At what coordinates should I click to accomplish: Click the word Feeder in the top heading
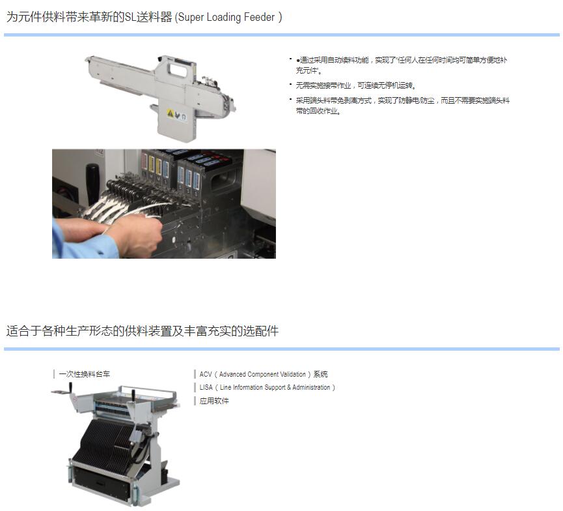[259, 17]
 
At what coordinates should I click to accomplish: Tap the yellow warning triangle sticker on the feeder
[171, 113]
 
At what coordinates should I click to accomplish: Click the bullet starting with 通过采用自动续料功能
[402, 65]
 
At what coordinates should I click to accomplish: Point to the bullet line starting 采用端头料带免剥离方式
[402, 106]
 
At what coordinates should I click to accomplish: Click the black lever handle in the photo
[92, 184]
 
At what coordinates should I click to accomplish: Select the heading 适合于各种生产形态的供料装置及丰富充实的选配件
[142, 331]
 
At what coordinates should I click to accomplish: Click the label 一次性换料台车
[85, 374]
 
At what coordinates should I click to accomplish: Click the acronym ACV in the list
[206, 374]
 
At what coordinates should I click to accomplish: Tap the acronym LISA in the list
[206, 387]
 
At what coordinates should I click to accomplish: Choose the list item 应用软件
[214, 401]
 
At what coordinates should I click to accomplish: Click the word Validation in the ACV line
[293, 374]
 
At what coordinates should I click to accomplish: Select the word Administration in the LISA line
[311, 387]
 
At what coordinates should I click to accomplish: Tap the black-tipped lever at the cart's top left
[71, 388]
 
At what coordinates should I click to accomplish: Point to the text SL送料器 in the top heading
[148, 17]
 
